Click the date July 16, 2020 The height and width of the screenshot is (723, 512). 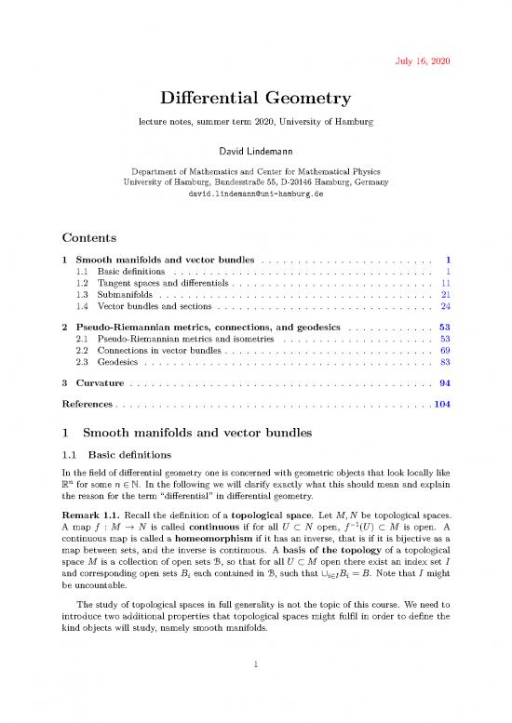tap(424, 61)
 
